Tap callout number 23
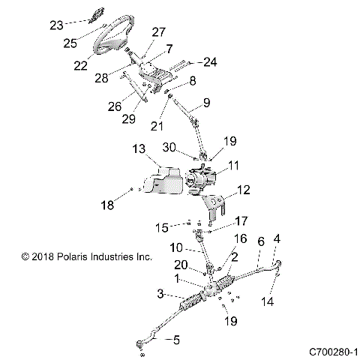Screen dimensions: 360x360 (x=57, y=25)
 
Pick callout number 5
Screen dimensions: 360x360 (x=176, y=340)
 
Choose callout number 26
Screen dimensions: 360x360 (x=114, y=106)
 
